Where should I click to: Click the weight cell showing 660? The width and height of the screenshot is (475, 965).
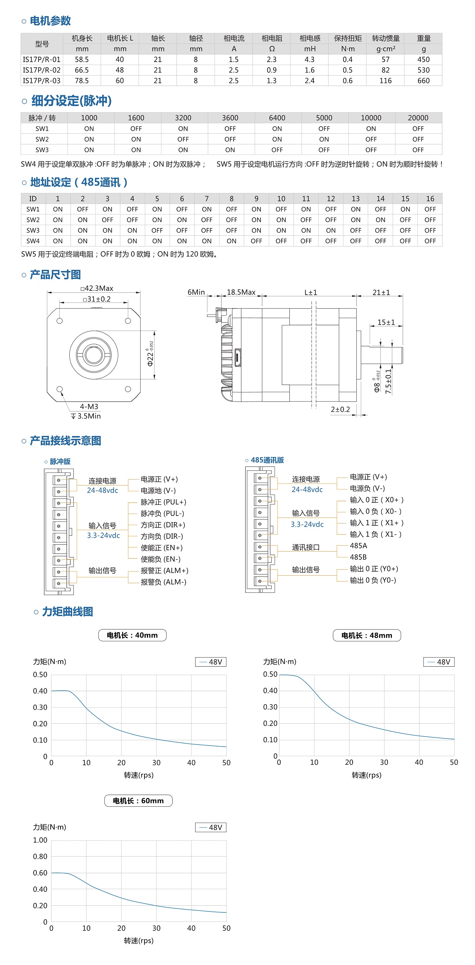423,81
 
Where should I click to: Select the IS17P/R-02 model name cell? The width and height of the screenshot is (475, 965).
42,70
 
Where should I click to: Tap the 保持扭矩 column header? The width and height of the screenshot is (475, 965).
348,38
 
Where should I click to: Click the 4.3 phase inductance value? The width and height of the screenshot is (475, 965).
310,59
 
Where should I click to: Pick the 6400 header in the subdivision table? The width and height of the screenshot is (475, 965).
277,118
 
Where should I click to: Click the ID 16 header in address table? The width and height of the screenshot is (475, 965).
430,199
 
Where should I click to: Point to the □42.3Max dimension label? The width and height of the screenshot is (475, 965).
97,288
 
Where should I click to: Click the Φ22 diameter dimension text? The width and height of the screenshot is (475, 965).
150,355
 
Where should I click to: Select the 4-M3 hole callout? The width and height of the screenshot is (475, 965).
89,407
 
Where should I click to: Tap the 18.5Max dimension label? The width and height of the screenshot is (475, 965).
241,292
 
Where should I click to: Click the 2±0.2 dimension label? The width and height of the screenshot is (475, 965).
340,410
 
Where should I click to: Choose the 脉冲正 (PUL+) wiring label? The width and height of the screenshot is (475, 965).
163,502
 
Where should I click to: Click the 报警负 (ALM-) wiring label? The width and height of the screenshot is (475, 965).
163,582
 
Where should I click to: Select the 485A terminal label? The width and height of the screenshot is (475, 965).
358,546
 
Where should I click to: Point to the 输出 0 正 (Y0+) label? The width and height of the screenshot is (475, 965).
374,569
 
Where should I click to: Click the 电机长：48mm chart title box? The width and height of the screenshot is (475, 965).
367,635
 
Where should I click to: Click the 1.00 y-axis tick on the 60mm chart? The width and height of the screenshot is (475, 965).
40,840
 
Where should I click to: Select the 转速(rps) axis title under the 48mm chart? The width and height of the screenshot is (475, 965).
367,775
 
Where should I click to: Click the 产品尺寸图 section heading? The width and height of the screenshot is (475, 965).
55,275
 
